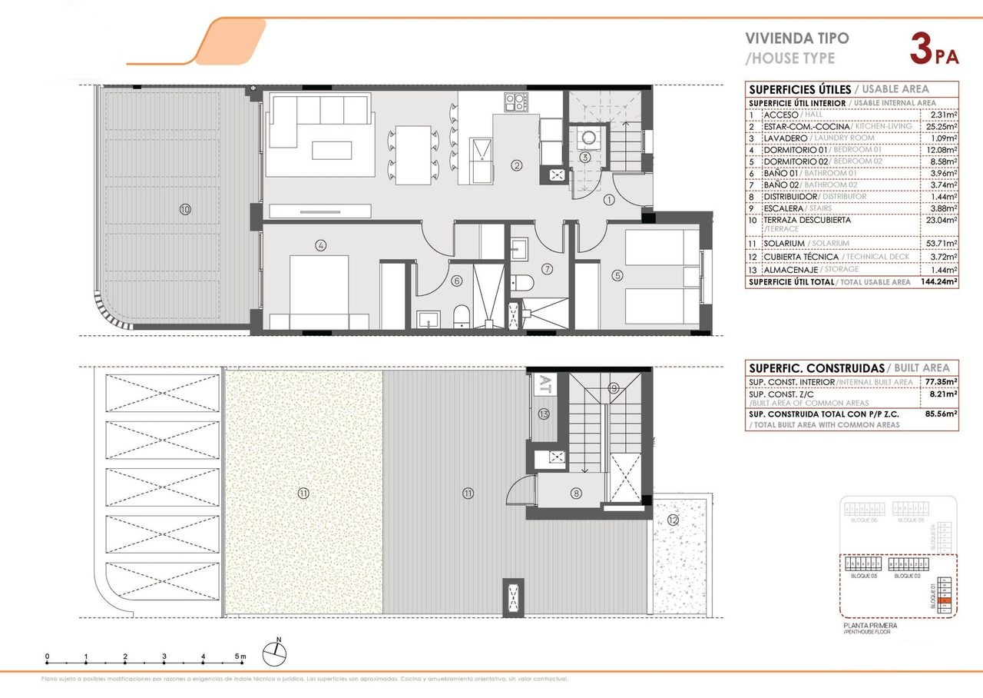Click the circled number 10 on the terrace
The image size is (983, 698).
tap(184, 208)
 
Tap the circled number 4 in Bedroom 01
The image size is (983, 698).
tap(321, 245)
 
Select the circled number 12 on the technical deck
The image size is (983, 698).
tap(674, 520)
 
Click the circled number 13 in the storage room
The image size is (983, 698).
tap(544, 414)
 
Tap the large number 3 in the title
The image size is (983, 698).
tap(921, 48)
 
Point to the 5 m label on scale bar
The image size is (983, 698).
tap(240, 656)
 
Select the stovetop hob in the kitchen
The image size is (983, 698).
tap(515, 101)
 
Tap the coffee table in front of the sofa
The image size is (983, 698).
tap(332, 149)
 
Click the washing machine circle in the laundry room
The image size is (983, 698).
tap(588, 139)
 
